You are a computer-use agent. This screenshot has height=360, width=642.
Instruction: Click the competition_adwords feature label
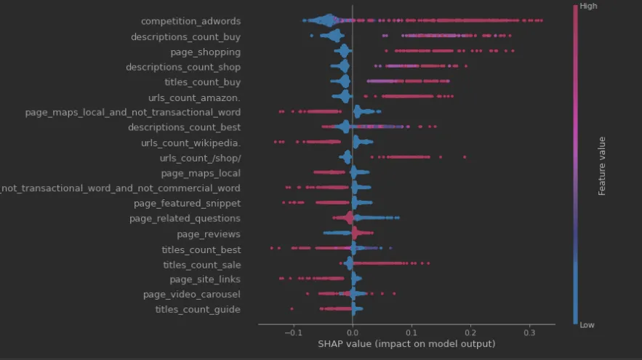pos(190,21)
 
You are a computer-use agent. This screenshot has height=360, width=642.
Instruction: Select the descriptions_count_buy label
pos(185,36)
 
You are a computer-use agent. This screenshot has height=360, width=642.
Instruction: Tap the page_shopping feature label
pos(206,52)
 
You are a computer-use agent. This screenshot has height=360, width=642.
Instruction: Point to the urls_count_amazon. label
pos(194,97)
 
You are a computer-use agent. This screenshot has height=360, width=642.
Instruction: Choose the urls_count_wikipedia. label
pos(190,143)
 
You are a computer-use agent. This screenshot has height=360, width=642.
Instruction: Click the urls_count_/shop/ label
pos(200,158)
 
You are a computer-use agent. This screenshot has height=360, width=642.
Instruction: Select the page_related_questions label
pos(185,219)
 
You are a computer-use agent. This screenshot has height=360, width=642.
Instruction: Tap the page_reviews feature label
pos(209,234)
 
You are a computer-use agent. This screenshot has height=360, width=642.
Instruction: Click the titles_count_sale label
pos(201,265)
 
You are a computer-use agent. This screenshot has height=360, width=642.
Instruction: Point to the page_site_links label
pos(205,280)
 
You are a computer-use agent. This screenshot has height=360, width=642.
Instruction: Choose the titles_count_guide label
pos(198,311)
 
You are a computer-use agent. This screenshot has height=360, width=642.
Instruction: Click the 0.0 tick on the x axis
pos(353,332)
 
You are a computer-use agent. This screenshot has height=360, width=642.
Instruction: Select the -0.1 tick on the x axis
pos(292,332)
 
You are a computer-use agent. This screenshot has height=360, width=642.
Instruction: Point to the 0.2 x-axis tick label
pos(471,332)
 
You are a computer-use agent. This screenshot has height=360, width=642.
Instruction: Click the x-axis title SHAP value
pos(406,344)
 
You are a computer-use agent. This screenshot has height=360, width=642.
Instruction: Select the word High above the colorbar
pos(590,6)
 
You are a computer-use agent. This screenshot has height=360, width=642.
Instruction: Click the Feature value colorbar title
pos(602,166)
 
